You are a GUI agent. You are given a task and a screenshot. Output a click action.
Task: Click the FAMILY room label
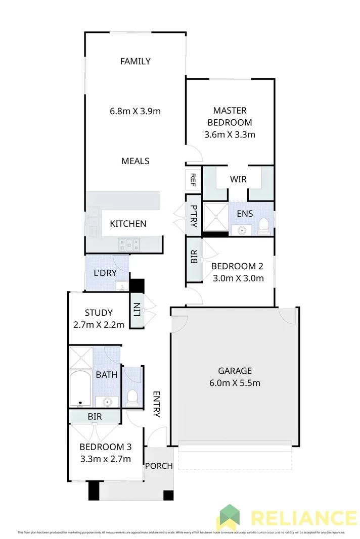pyautogui.click(x=135, y=61)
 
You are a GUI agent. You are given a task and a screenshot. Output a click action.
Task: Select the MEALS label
pyautogui.click(x=135, y=161)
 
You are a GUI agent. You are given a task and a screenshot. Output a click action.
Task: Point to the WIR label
pyautogui.click(x=238, y=179)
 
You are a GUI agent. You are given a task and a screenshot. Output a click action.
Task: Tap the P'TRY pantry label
pyautogui.click(x=193, y=216)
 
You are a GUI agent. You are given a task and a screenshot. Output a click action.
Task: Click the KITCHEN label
pyautogui.click(x=128, y=223)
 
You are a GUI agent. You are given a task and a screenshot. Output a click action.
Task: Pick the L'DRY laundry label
pyautogui.click(x=105, y=272)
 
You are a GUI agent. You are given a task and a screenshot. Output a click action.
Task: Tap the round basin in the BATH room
pyautogui.click(x=107, y=402)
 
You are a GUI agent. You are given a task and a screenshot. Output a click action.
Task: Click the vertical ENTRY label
pyautogui.click(x=157, y=404)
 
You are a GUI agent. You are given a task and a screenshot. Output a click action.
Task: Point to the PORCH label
pyautogui.click(x=159, y=466)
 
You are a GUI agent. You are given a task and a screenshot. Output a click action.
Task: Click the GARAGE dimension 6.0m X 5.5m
pyautogui.click(x=235, y=382)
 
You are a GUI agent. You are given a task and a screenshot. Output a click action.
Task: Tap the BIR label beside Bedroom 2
pyautogui.click(x=194, y=259)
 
